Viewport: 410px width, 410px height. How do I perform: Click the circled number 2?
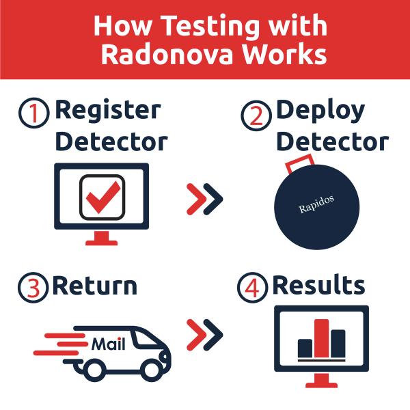tap(254, 113)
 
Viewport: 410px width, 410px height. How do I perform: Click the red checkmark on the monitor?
tap(102, 196)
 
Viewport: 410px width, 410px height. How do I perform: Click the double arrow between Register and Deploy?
tap(204, 198)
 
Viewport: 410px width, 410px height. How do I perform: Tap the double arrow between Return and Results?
tap(204, 335)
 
